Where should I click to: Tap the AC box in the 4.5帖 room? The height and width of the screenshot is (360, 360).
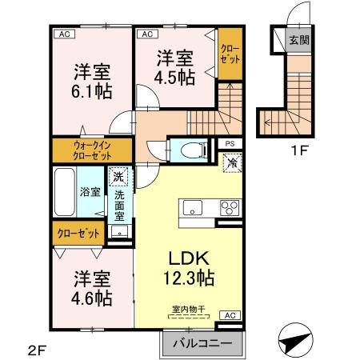[x=147, y=34]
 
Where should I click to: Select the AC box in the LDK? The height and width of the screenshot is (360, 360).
[x=230, y=315]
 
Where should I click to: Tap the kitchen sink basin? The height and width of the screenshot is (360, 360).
[x=194, y=208]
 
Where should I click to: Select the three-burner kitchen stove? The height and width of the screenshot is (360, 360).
[x=230, y=208]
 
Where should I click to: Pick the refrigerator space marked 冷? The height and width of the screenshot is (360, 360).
[x=230, y=163]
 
